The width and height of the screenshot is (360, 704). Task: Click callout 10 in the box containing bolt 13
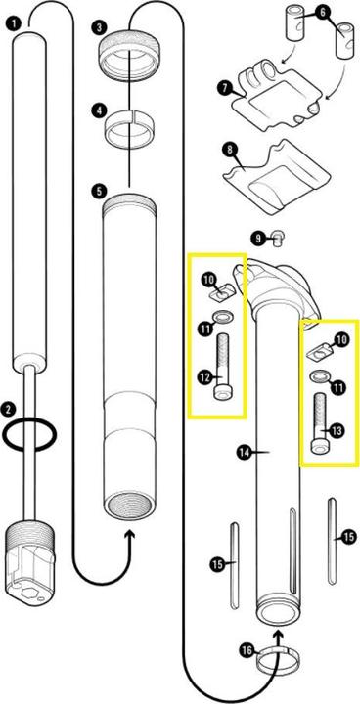[x=341, y=339]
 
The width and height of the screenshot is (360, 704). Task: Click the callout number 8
[x=231, y=150]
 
